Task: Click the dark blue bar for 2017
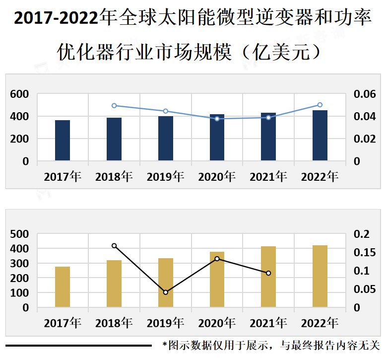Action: click(x=63, y=140)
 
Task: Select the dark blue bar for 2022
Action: click(x=320, y=135)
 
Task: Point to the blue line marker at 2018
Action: click(x=114, y=106)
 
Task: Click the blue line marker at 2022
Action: click(x=320, y=105)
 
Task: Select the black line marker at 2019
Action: click(x=166, y=292)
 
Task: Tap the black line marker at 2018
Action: click(x=114, y=246)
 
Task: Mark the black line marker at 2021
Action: click(x=268, y=273)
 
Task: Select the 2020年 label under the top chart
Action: click(x=217, y=177)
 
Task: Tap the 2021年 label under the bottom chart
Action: click(x=268, y=323)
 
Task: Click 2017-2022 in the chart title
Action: click(x=57, y=19)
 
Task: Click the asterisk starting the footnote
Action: click(x=165, y=344)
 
